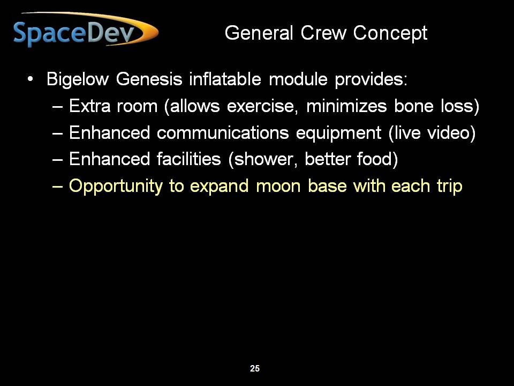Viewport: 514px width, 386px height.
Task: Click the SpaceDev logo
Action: coord(86,29)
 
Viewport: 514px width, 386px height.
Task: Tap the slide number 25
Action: coord(255,369)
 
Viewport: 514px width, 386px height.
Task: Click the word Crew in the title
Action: coord(323,33)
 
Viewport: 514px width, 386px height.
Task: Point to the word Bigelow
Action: coord(77,79)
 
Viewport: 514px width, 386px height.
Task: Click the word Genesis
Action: coord(149,79)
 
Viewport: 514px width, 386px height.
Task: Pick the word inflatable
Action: coord(225,79)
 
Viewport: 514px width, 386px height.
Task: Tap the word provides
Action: coord(371,80)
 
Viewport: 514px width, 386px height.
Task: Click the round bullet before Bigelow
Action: coord(30,79)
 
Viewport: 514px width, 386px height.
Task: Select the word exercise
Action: coord(262,106)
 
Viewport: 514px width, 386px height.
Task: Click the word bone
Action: coord(414,106)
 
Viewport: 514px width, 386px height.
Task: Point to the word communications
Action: coord(223,132)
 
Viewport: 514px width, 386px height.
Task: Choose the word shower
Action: coord(263,160)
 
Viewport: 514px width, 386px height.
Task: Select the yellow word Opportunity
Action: coord(116,187)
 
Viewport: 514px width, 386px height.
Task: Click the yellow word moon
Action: coord(278,187)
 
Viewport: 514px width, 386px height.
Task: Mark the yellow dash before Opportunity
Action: coord(57,187)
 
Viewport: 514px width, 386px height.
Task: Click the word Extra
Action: coord(90,106)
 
